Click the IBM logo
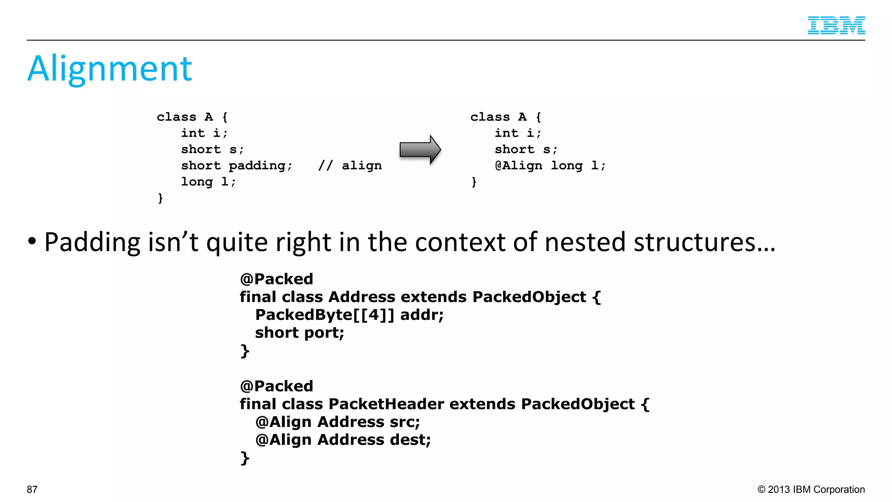pyautogui.click(x=836, y=25)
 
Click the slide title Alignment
pyautogui.click(x=110, y=69)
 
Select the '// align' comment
pyautogui.click(x=350, y=166)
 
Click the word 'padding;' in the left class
pyautogui.click(x=260, y=166)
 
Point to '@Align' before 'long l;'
pyautogui.click(x=518, y=166)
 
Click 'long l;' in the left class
pyautogui.click(x=208, y=182)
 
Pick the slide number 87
pyautogui.click(x=32, y=489)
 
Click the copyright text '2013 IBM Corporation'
pyautogui.click(x=816, y=489)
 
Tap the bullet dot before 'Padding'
pyautogui.click(x=32, y=241)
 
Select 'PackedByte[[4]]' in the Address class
pyautogui.click(x=324, y=315)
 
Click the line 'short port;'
pyautogui.click(x=299, y=333)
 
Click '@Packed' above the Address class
pyautogui.click(x=277, y=279)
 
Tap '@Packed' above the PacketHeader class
pyautogui.click(x=277, y=386)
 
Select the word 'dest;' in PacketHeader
pyautogui.click(x=410, y=440)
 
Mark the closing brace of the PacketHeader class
pyautogui.click(x=245, y=458)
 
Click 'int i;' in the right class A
pyautogui.click(x=517, y=133)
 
